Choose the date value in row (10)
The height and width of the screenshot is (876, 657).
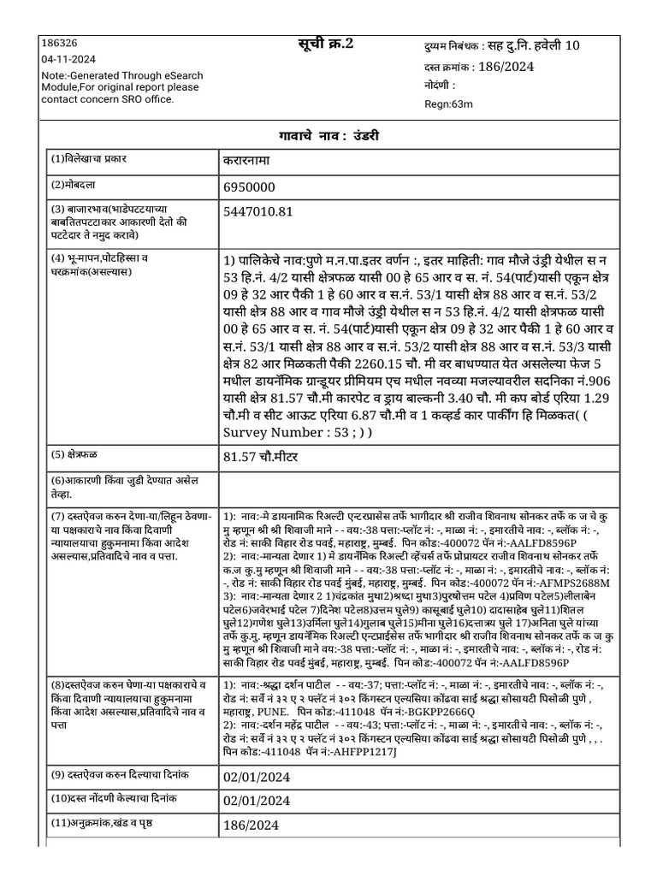[257, 802]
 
